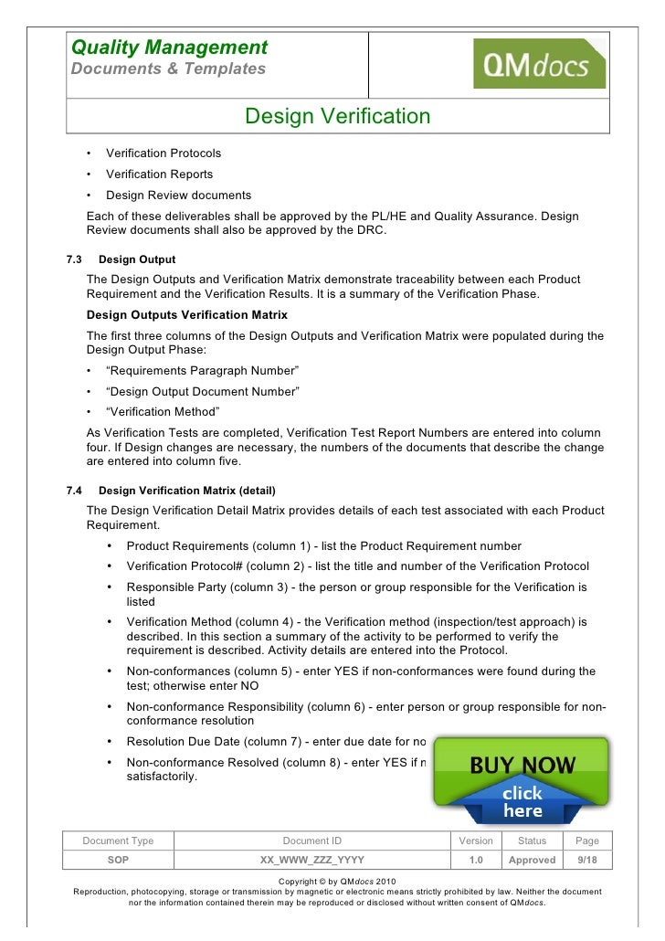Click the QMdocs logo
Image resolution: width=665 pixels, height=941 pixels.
[538, 64]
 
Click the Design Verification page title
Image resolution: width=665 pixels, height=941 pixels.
[337, 117]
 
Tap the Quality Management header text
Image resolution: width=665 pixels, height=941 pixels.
[169, 47]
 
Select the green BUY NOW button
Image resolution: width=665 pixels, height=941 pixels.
[522, 766]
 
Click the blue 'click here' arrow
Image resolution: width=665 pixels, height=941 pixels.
[522, 801]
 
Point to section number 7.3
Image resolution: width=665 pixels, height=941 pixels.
[76, 259]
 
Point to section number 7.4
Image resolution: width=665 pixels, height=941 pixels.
[76, 491]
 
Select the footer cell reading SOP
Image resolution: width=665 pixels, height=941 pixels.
[118, 860]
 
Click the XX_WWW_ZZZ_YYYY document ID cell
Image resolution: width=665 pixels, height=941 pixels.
[311, 860]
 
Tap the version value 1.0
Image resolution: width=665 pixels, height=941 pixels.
[475, 860]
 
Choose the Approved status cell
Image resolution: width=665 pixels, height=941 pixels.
[532, 860]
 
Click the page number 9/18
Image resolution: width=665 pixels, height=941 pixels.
[587, 860]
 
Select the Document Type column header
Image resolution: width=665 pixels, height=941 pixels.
[118, 841]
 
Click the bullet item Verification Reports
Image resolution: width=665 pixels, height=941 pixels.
[159, 174]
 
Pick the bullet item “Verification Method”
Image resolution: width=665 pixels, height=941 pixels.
[162, 411]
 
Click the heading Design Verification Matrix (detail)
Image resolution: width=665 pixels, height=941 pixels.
[186, 491]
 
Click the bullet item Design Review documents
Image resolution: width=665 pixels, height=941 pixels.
[178, 195]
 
